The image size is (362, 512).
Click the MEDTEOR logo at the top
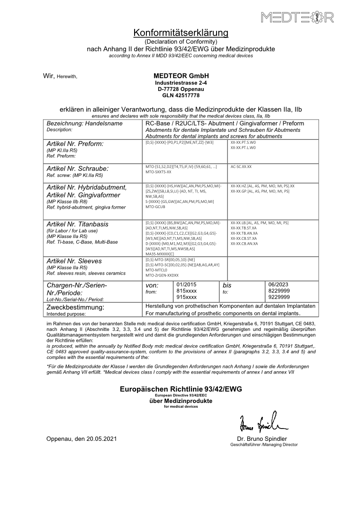coord(298,18)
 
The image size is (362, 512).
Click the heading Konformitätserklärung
coord(181,33)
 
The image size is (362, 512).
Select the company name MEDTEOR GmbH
coord(181,76)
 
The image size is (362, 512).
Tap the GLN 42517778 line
coord(181,95)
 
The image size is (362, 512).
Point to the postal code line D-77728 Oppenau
coord(181,89)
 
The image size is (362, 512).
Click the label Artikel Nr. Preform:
coord(75,144)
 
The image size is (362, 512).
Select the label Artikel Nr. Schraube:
coord(78,168)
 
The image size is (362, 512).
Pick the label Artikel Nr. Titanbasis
coord(77,224)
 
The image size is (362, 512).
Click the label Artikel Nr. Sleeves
coord(73,261)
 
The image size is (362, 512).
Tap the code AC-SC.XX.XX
coord(241,167)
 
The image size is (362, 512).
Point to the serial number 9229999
coord(277,297)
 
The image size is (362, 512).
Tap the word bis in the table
coord(227,285)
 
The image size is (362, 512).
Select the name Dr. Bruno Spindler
coord(262,439)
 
